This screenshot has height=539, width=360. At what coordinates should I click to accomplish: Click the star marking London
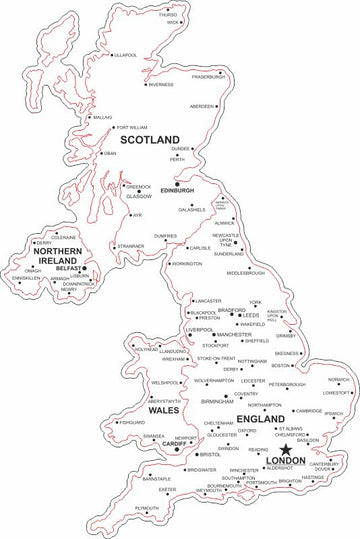[x=285, y=431]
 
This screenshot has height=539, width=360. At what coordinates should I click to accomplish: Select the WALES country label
[x=162, y=409]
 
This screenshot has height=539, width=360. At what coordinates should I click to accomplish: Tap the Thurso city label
[x=167, y=15]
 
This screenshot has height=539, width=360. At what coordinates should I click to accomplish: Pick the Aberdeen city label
[x=202, y=106]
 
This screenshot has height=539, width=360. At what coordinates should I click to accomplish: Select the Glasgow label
[x=139, y=196]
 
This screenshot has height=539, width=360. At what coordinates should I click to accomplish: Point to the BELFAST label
[x=68, y=269]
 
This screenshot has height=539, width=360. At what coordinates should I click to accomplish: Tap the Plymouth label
[x=147, y=508]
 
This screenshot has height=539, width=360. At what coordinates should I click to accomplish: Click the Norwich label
[x=339, y=380]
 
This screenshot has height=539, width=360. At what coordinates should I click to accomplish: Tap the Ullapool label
[x=126, y=55]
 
